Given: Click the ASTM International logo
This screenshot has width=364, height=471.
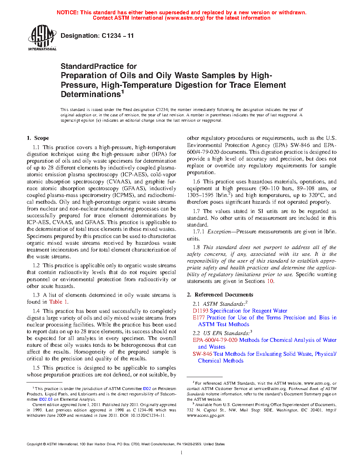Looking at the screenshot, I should point(42,37).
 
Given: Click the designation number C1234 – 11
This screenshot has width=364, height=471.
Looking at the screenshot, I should point(117,36).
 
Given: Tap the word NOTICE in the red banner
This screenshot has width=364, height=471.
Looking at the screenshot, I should point(67,12).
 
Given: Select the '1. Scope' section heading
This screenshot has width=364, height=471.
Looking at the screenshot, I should point(38,138).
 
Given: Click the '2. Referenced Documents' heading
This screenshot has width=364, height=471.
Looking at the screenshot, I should point(220,295).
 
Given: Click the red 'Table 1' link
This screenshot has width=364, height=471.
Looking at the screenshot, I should point(58,302).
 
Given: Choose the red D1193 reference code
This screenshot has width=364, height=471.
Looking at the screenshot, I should point(201,311).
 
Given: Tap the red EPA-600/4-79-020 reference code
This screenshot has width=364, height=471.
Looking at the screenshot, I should point(215,340).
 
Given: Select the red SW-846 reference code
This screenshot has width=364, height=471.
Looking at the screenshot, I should point(202,354).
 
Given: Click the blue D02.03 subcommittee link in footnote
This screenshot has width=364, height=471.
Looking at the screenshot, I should point(46,399).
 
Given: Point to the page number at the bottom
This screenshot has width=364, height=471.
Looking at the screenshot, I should point(182,453).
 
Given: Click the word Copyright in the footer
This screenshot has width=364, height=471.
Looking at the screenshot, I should point(34,444).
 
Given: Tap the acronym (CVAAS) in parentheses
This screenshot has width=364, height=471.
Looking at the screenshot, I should point(118,182).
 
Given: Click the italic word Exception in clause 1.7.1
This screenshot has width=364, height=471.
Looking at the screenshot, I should point(219,232).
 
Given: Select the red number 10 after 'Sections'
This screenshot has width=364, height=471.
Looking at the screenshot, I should point(270,281).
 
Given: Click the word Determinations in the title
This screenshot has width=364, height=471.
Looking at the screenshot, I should point(91,95).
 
